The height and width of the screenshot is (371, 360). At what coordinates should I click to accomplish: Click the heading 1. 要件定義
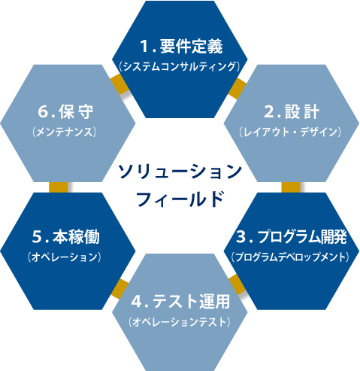[x=181, y=47]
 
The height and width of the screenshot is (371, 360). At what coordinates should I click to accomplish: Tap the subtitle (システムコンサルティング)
[x=180, y=66]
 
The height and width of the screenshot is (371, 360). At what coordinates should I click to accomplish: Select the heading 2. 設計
[x=292, y=111]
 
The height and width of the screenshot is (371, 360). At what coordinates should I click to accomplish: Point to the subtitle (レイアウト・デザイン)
[x=290, y=132]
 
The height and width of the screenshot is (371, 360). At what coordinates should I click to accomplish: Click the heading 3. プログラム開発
[x=292, y=237]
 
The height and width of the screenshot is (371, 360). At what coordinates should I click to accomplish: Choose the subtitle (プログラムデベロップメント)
[x=290, y=257]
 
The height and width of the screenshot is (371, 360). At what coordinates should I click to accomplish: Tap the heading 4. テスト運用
[x=180, y=301]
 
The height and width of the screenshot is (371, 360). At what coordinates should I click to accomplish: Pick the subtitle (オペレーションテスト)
[x=180, y=322]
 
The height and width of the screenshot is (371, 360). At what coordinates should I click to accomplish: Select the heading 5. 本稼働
[x=66, y=237]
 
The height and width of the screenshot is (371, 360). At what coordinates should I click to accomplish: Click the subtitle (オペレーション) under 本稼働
[x=65, y=257]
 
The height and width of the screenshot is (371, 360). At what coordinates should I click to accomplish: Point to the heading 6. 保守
[x=65, y=111]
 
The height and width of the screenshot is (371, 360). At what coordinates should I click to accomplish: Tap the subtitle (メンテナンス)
[x=65, y=132]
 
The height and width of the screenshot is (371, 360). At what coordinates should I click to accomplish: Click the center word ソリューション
[x=180, y=172]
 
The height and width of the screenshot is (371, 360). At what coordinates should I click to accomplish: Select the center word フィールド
[x=180, y=199]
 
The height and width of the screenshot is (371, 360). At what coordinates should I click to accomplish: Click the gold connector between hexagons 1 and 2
[x=237, y=88]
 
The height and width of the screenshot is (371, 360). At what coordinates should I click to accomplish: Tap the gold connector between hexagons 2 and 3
[x=291, y=187]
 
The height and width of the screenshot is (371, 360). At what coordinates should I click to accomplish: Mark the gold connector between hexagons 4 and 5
[x=119, y=288]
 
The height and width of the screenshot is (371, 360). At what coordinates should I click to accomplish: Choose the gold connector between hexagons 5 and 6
[x=59, y=187]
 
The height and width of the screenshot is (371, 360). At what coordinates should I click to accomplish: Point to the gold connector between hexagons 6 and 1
[x=119, y=85]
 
